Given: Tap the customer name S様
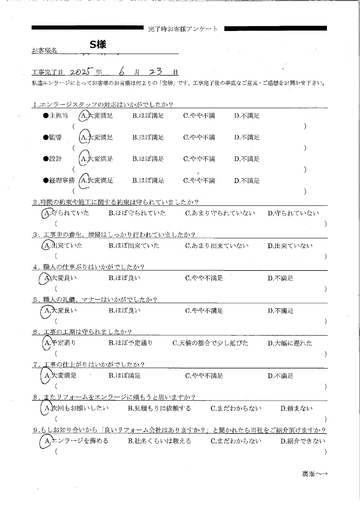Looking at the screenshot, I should (98, 44).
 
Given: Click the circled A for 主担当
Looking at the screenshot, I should (84, 116).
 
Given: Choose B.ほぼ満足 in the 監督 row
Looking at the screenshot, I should (148, 138).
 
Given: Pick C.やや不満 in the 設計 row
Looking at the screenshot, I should (199, 159).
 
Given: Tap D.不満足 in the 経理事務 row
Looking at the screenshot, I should (247, 181).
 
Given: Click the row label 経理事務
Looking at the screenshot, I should (61, 181).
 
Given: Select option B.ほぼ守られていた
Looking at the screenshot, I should (137, 213).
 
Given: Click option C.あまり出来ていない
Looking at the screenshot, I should (217, 246).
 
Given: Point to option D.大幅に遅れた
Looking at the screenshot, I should (290, 343).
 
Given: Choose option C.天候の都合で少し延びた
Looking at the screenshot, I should (210, 343).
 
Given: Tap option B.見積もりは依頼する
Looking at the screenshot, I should (159, 409).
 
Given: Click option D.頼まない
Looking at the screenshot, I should (297, 409).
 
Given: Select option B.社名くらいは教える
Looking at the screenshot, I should (159, 441).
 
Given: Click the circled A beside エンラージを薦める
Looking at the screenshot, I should (46, 441).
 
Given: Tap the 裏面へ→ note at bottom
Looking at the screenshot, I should (314, 474).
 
